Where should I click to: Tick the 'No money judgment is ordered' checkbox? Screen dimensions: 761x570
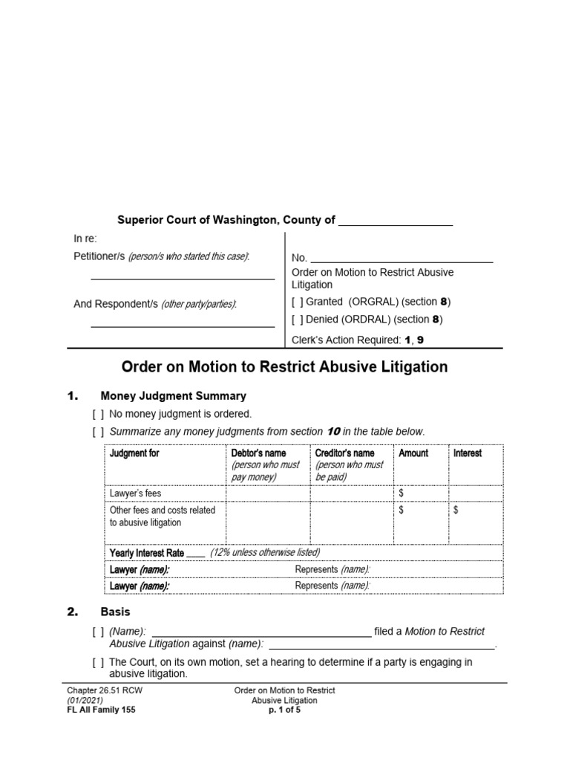pyautogui.click(x=98, y=414)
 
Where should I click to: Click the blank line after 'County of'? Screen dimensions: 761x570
pyautogui.click(x=395, y=221)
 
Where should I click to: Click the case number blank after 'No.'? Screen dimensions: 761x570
pyautogui.click(x=401, y=258)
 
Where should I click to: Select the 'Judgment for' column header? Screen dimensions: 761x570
pyautogui.click(x=134, y=453)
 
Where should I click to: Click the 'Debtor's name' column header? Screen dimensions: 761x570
pyautogui.click(x=259, y=453)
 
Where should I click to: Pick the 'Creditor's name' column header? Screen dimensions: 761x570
pyautogui.click(x=344, y=453)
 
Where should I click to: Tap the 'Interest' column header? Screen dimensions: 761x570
pyautogui.click(x=467, y=453)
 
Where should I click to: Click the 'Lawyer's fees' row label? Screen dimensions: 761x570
pyautogui.click(x=135, y=493)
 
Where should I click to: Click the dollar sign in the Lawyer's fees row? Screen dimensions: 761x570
pyautogui.click(x=402, y=493)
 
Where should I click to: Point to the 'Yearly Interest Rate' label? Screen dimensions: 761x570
pyautogui.click(x=147, y=553)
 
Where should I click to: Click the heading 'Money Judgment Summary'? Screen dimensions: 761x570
pyautogui.click(x=173, y=396)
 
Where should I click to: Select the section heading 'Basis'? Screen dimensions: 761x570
pyautogui.click(x=115, y=612)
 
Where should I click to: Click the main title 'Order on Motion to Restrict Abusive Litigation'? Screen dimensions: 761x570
pyautogui.click(x=284, y=367)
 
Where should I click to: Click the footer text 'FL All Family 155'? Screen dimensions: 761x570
pyautogui.click(x=101, y=710)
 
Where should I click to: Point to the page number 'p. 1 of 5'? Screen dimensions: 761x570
pyautogui.click(x=284, y=710)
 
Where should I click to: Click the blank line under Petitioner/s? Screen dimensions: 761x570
pyautogui.click(x=183, y=279)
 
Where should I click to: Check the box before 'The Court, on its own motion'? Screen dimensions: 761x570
pyautogui.click(x=98, y=662)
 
